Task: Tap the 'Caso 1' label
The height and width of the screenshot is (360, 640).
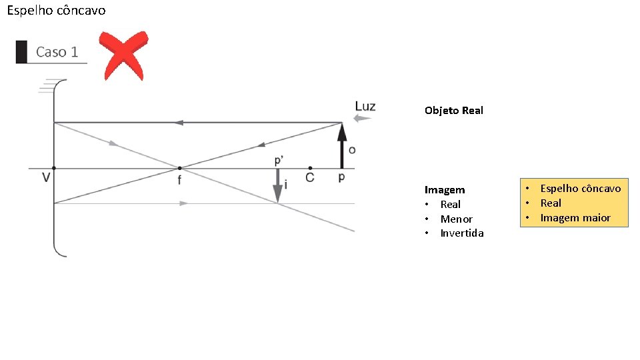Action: [57, 52]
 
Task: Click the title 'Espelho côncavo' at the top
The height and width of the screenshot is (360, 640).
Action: [56, 11]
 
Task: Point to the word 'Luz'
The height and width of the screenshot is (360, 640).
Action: [365, 106]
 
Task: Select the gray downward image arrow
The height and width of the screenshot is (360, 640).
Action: [277, 185]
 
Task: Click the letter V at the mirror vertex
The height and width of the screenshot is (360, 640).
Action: [46, 179]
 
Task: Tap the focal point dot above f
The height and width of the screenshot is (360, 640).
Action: [179, 168]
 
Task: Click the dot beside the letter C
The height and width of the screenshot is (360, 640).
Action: [310, 168]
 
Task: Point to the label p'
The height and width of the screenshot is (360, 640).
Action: [279, 161]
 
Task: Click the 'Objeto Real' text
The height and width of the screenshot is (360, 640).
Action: [453, 110]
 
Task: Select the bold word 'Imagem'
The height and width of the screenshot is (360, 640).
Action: [445, 190]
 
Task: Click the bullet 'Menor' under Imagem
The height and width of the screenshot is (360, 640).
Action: [456, 219]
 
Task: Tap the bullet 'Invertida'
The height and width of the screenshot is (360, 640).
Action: [461, 233]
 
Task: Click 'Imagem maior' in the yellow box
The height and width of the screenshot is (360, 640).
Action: [575, 217]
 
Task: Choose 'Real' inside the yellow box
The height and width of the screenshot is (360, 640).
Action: [551, 203]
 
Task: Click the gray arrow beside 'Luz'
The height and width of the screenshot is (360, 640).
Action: [363, 119]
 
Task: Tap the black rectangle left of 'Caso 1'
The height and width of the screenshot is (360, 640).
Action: [21, 52]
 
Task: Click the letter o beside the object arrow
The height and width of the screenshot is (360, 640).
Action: [352, 149]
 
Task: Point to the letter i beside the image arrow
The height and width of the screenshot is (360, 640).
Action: [286, 185]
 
